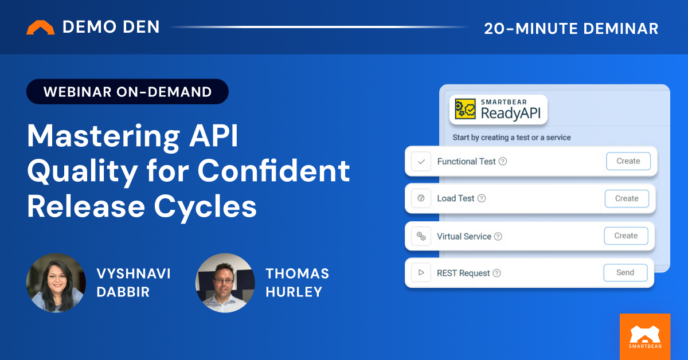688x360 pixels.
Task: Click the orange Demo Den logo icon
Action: [41, 28]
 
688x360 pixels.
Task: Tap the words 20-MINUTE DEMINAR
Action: [571, 28]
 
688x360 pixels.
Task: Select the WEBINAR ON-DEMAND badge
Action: [127, 91]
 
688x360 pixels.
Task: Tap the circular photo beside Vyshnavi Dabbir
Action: [56, 283]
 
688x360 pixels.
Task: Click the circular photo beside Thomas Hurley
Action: [225, 283]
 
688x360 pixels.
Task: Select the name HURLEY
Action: [294, 292]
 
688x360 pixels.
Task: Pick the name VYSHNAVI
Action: [132, 273]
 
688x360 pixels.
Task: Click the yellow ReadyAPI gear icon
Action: [466, 109]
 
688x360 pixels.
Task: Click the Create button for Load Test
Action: [627, 198]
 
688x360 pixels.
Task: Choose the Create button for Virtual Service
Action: [626, 236]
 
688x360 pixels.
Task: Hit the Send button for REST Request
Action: [625, 273]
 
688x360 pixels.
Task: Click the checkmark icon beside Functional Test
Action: [421, 162]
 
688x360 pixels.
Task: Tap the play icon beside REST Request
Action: [421, 273]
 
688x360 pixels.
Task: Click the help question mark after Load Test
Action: [482, 198]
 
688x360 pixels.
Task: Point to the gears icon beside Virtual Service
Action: [421, 236]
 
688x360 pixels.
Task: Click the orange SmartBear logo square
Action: [645, 336]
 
